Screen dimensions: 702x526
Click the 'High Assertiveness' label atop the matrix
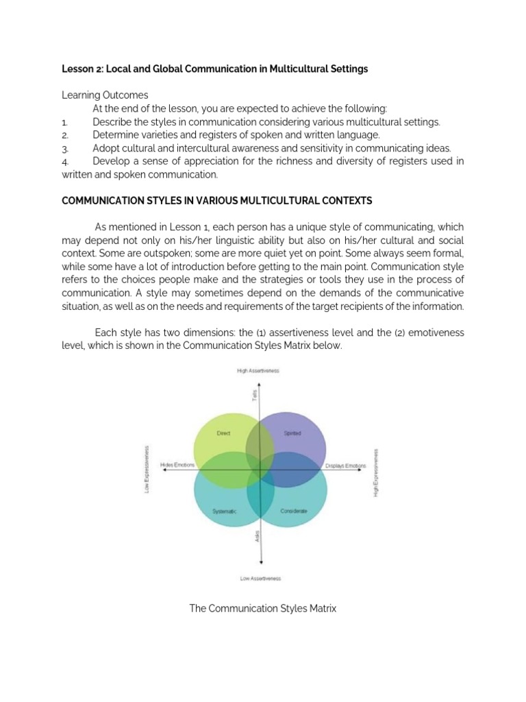258,371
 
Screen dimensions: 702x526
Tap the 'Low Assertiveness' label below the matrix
260,578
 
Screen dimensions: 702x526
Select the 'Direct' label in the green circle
223,433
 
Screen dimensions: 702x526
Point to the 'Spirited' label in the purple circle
292,433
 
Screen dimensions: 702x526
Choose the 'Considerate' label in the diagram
294,511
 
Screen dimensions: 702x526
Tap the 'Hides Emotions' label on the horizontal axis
177,465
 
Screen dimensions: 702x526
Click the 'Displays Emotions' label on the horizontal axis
345,465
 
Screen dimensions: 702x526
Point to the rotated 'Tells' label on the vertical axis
255,396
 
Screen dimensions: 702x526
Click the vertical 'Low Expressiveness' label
146,470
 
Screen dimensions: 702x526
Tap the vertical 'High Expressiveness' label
375,473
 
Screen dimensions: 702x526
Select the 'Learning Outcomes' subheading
105,95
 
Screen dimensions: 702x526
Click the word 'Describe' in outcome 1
112,122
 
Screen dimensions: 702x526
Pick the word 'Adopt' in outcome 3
106,148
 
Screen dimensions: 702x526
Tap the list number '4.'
65,162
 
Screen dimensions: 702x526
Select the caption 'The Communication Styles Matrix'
262,608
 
